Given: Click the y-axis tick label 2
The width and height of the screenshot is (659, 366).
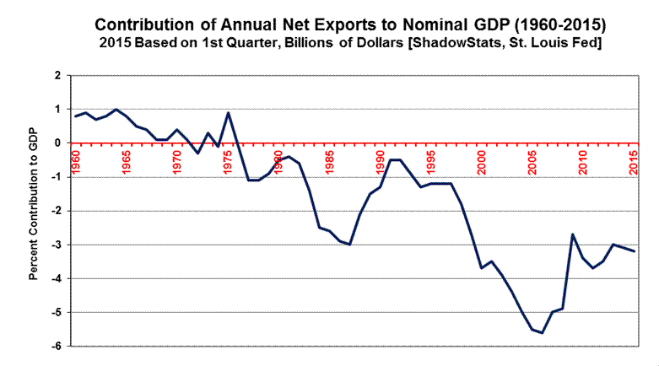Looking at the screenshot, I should [x=57, y=76].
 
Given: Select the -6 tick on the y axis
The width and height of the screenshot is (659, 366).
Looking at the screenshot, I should [x=56, y=347].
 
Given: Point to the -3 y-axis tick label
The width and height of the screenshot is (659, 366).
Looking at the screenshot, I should [x=56, y=245].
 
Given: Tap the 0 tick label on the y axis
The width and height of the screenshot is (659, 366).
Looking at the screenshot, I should [x=57, y=143].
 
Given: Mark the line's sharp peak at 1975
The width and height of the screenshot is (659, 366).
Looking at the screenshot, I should [x=229, y=113].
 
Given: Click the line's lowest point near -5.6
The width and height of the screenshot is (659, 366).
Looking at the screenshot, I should [x=543, y=333].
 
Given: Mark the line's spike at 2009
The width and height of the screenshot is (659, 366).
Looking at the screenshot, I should [x=573, y=234].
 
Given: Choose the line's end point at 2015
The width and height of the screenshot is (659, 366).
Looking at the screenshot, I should [x=635, y=251].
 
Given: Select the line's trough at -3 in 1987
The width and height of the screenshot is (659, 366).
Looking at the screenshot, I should [x=350, y=245].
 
